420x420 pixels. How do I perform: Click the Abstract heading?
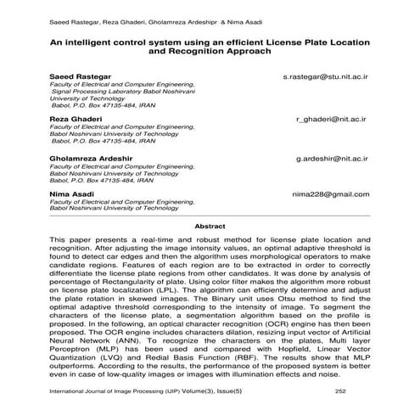pos(210,227)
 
